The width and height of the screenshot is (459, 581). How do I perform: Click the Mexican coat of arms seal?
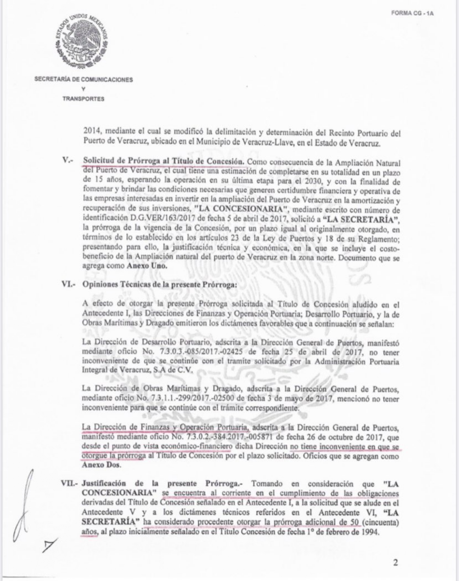pos(82,41)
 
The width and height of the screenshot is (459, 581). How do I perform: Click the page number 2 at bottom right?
pos(395,564)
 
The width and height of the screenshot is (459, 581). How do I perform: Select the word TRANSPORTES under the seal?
pos(83,98)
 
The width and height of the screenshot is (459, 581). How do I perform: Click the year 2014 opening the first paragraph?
pos(91,133)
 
